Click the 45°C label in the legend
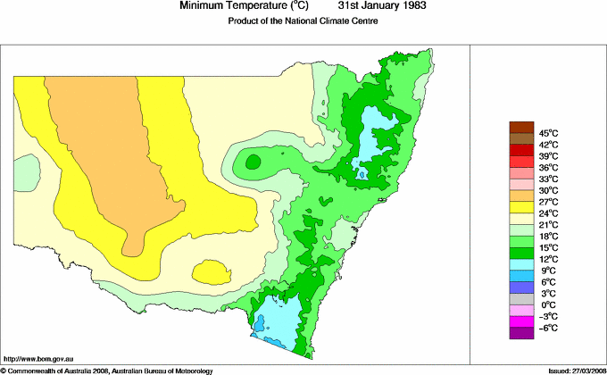(548, 133)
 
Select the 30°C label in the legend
(548, 190)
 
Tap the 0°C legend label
(548, 305)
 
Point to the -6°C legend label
(548, 329)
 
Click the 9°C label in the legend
(548, 271)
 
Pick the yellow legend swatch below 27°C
(520, 207)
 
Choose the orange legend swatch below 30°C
(520, 196)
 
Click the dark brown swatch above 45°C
(520, 127)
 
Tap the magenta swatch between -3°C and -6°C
(520, 322)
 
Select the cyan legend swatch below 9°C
(520, 277)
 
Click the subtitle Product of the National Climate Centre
(304, 21)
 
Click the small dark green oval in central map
(253, 162)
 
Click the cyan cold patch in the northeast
(373, 134)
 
